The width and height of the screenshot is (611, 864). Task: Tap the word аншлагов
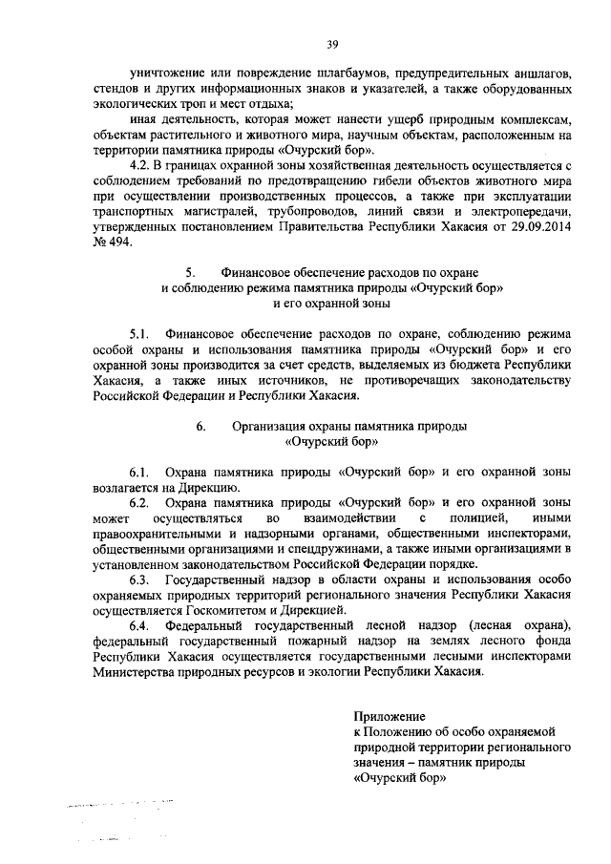pyautogui.click(x=539, y=74)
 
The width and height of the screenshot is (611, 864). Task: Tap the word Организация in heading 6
pyautogui.click(x=273, y=426)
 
